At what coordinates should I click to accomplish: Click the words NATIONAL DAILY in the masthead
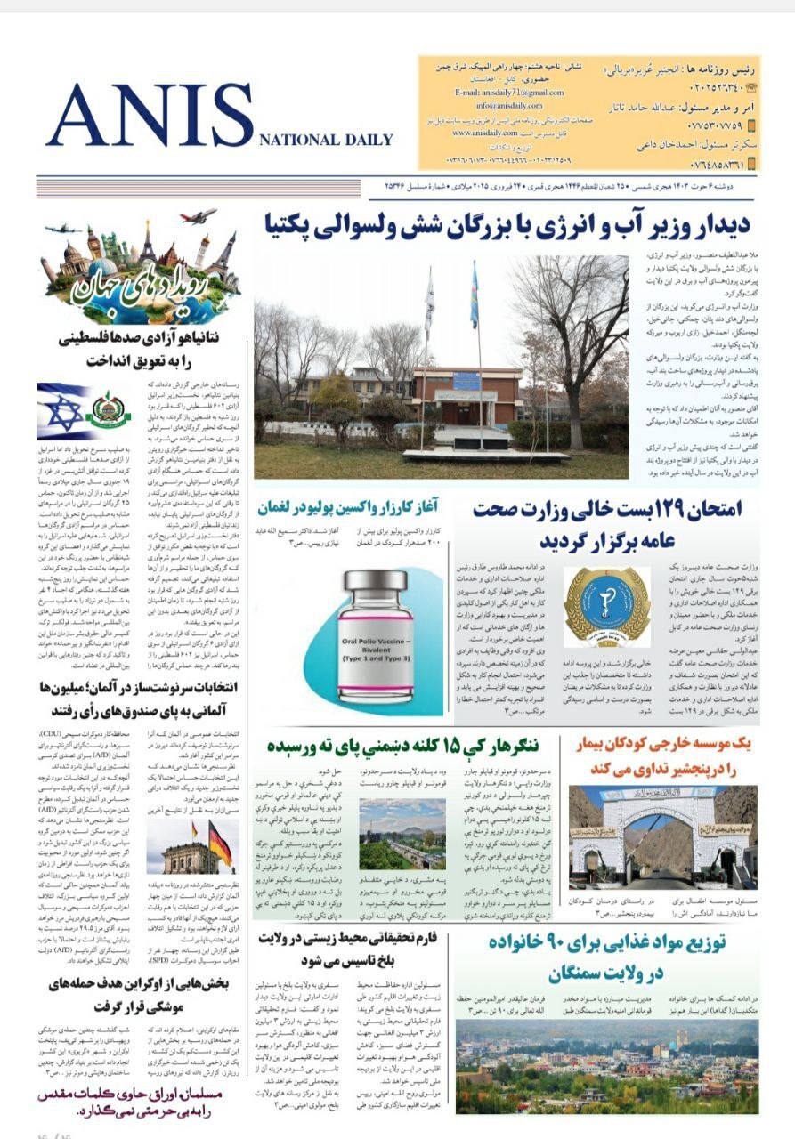click(x=326, y=140)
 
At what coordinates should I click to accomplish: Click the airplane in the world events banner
click(x=198, y=216)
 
